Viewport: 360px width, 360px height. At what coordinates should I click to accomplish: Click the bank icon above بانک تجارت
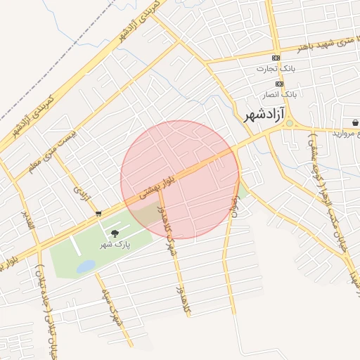click(276, 58)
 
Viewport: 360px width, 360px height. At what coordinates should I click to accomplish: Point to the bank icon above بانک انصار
click(279, 82)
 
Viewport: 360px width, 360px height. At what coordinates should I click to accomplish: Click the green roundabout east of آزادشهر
click(289, 124)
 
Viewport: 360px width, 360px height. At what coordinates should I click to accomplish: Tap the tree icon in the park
click(115, 233)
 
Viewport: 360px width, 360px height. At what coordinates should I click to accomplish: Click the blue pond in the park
click(86, 266)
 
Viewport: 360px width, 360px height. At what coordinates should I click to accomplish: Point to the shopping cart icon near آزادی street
click(99, 213)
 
